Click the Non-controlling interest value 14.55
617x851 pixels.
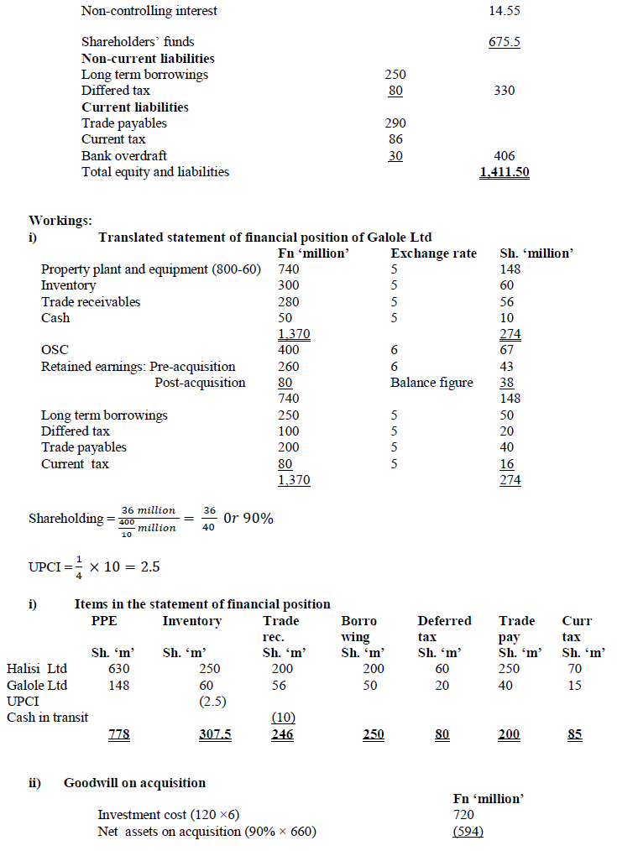coord(504,11)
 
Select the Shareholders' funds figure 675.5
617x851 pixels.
coord(504,42)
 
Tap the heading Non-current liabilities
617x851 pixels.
coord(148,59)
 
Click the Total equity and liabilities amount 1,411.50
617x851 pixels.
coord(504,173)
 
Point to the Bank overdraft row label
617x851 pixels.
coord(124,156)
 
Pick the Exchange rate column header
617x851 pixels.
coord(433,253)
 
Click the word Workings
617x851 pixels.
coord(60,221)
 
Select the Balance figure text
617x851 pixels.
coord(431,383)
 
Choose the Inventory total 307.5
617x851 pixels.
coord(215,734)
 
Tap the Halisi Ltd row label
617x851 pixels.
coord(37,669)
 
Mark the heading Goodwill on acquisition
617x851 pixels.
coord(134,783)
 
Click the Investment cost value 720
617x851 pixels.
coord(463,815)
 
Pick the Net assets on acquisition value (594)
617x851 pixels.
coord(468,832)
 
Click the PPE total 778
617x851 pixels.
coord(119,734)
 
